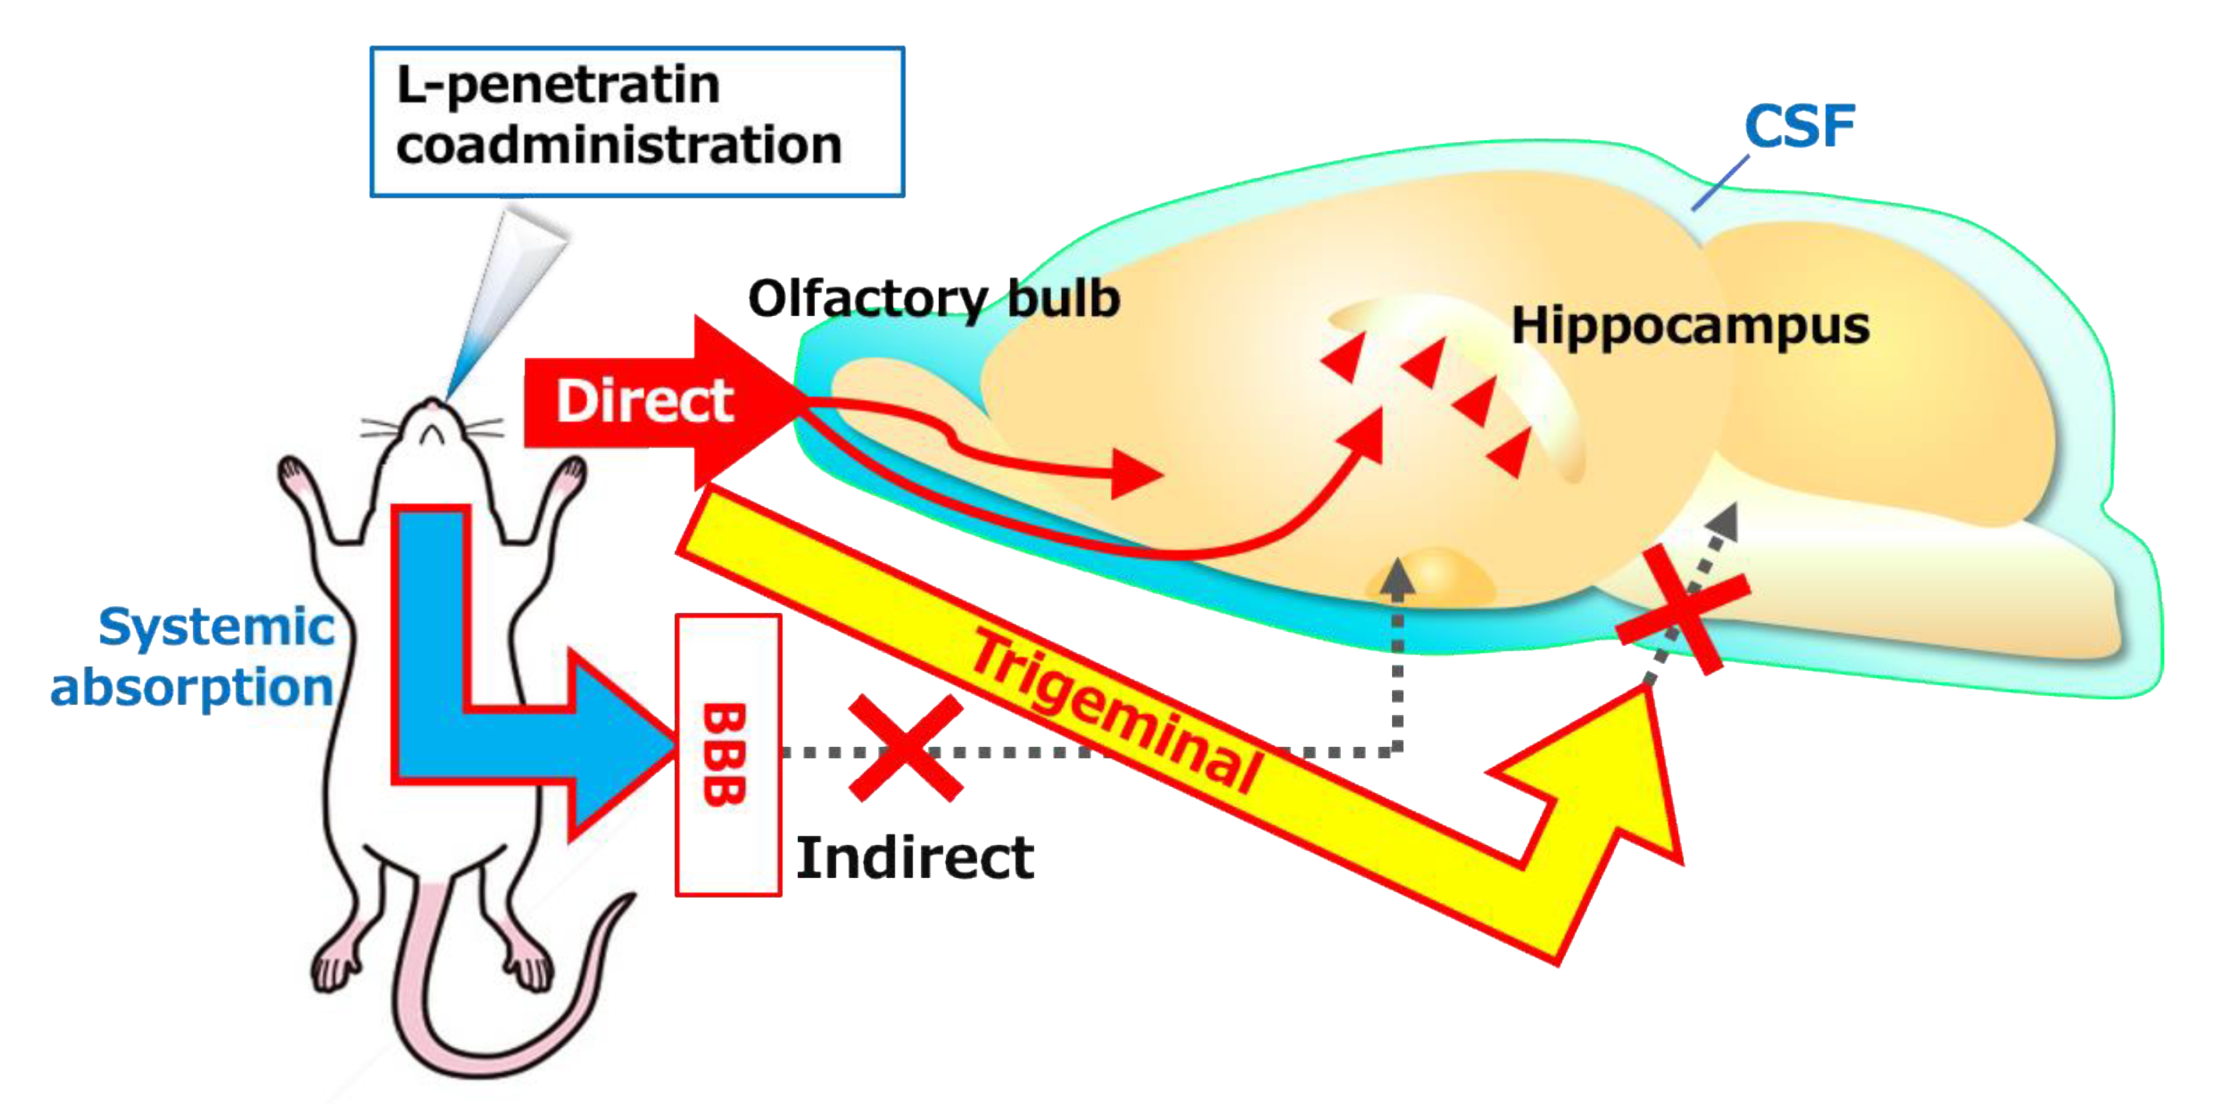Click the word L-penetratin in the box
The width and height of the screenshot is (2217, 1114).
coord(558,86)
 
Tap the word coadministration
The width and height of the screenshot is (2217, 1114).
coord(618,144)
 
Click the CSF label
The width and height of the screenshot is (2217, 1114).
coord(1799,127)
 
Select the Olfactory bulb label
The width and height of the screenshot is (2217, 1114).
coord(934,299)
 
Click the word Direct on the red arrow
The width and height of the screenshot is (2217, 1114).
coord(645,401)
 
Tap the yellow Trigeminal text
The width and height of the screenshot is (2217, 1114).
coord(1115,711)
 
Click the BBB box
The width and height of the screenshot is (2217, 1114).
coord(727,755)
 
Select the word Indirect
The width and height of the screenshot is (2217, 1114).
coord(915,858)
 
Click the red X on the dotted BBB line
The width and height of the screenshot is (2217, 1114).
coord(905,748)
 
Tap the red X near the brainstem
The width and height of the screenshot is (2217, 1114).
coord(1683,609)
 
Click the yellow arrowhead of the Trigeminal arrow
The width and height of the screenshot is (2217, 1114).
coord(1618,774)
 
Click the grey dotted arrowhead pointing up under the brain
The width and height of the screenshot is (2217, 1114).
coord(1397,576)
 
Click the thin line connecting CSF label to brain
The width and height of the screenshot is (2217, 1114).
coord(1720,182)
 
